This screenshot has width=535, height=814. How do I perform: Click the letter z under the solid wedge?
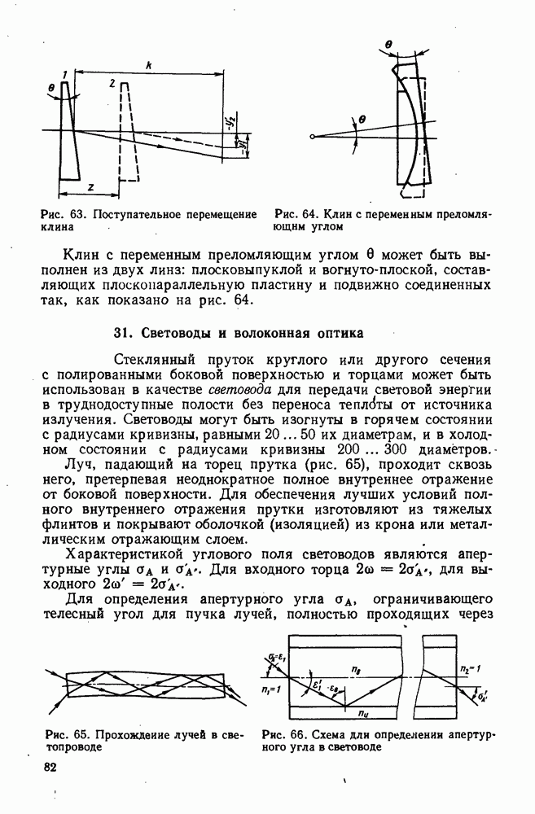[90, 188]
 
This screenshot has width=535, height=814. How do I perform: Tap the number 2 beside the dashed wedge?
[111, 84]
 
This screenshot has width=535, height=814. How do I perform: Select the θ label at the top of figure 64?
[389, 46]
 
